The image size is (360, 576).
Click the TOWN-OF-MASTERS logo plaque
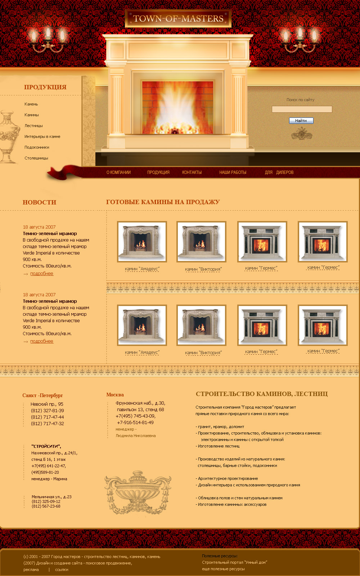click(x=178, y=18)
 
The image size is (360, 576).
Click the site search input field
click(x=302, y=109)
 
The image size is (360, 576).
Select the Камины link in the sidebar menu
click(x=32, y=115)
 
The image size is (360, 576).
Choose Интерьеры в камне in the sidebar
click(x=42, y=136)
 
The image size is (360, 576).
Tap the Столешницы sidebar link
click(x=36, y=158)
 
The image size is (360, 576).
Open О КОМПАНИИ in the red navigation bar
click(x=118, y=172)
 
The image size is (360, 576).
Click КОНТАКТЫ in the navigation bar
click(x=192, y=172)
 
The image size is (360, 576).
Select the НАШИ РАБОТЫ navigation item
click(x=233, y=172)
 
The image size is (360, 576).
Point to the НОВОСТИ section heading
click(x=39, y=202)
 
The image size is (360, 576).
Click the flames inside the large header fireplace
click(x=177, y=108)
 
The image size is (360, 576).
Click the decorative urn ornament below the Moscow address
click(x=138, y=492)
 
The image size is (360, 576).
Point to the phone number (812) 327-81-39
click(x=47, y=411)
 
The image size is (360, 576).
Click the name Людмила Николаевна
click(x=135, y=436)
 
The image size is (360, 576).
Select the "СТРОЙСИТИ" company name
click(x=46, y=446)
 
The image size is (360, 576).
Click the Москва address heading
click(x=115, y=395)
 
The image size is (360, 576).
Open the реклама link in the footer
click(x=31, y=570)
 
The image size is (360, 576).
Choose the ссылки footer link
click(x=62, y=570)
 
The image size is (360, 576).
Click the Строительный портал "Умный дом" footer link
click(x=234, y=562)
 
